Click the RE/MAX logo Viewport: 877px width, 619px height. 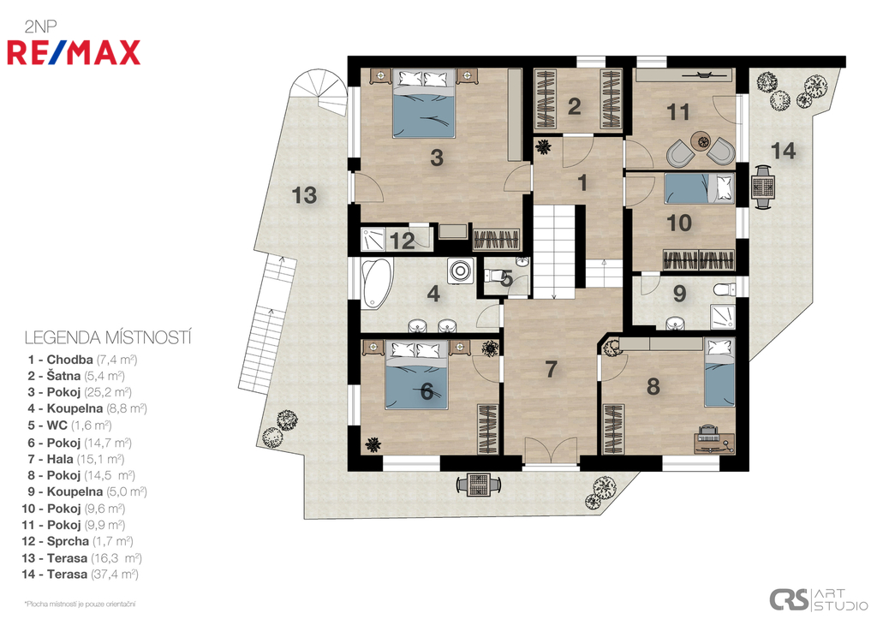74,52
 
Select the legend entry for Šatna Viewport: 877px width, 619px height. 76,376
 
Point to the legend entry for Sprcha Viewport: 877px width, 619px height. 77,541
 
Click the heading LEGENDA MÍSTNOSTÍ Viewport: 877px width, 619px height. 108,337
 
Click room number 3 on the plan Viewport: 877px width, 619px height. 437,158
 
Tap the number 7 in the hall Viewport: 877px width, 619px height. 551,369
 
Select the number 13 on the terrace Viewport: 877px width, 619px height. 304,195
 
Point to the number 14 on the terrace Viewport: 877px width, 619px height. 783,151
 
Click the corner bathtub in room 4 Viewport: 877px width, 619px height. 375,283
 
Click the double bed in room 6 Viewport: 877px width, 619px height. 417,375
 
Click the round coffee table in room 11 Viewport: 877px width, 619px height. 700,140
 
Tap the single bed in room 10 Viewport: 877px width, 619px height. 699,188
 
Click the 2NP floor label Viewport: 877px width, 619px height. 40,27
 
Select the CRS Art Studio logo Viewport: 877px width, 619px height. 818,599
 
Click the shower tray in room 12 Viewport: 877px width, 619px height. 373,240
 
